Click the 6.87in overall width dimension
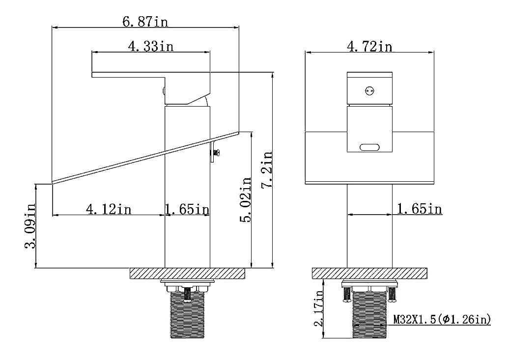[x=145, y=22]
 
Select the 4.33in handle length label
[x=150, y=46]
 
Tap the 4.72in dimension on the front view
[x=369, y=46]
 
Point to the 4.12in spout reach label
[x=109, y=209]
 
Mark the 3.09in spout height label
[x=30, y=226]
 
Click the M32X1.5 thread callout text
[x=442, y=320]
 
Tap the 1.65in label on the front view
[x=419, y=209]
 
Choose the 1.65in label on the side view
[x=187, y=209]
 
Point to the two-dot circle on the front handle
[x=369, y=90]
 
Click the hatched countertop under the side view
[x=187, y=274]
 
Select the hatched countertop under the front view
[x=369, y=274]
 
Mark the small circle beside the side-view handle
[x=164, y=90]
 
